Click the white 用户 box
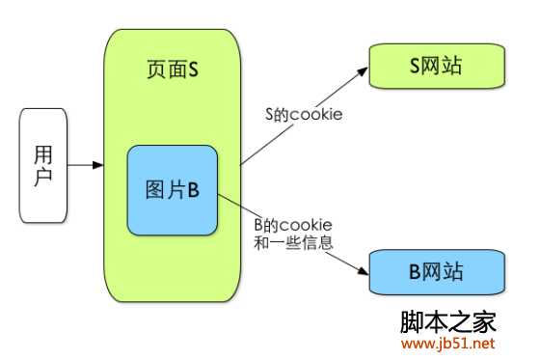(x=42, y=165)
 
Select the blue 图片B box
(x=173, y=190)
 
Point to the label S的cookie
(x=305, y=115)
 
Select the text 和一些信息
(x=293, y=243)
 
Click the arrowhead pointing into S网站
(x=365, y=71)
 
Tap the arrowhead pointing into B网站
(x=364, y=269)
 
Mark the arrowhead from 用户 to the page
(x=97, y=165)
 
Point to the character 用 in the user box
(x=43, y=154)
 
